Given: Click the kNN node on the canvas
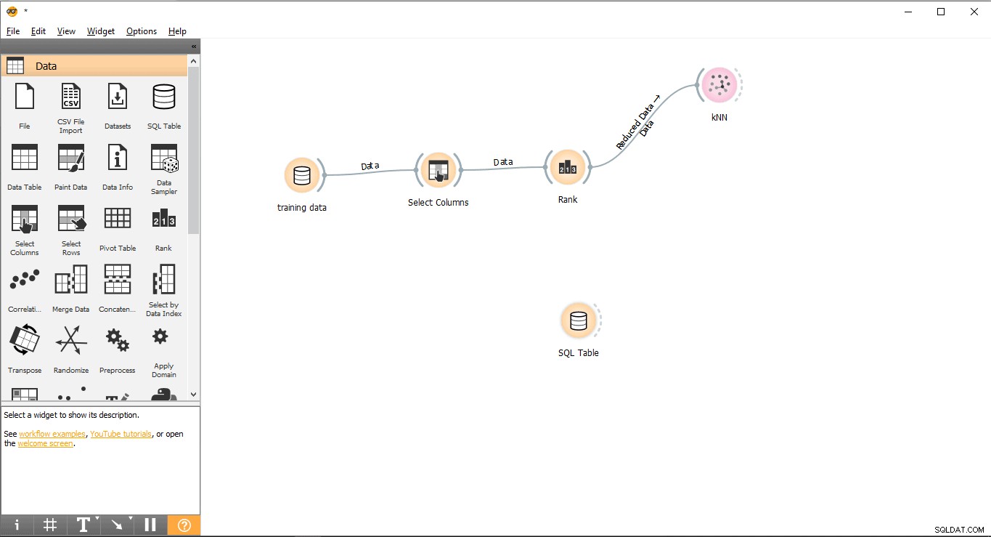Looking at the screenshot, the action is [719, 84].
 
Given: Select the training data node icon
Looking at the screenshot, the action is [302, 175].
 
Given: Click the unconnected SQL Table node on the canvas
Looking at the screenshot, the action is [578, 320].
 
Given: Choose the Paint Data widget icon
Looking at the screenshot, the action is [71, 158].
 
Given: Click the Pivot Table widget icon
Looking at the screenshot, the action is [117, 218].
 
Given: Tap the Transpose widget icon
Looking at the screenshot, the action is [25, 339].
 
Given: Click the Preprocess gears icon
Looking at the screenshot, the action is [117, 340].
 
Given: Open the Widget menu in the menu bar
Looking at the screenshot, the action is [100, 31].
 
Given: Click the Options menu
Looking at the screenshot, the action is [142, 31].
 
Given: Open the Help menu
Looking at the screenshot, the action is [177, 31].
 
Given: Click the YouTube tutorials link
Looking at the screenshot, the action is [121, 434].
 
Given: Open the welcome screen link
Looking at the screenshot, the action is [45, 443].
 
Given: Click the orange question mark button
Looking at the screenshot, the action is [184, 525].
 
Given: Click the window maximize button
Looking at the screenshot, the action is [941, 12].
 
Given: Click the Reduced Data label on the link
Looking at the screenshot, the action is [635, 126].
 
